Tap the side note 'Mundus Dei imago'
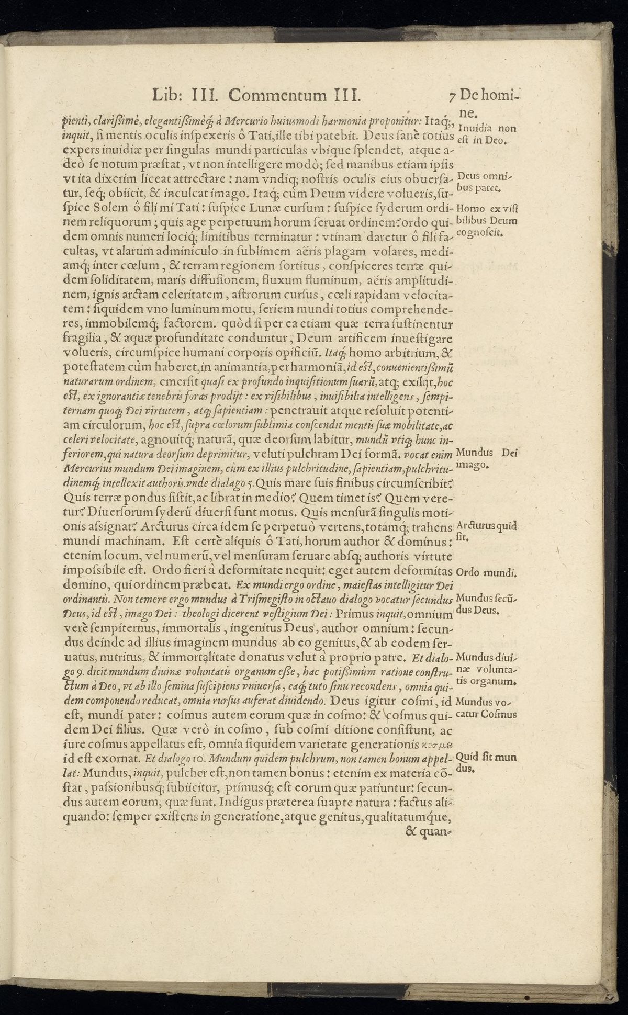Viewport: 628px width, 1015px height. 487,459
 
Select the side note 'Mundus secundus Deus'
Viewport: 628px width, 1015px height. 487,603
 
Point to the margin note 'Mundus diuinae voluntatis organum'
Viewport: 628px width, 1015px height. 487,669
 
